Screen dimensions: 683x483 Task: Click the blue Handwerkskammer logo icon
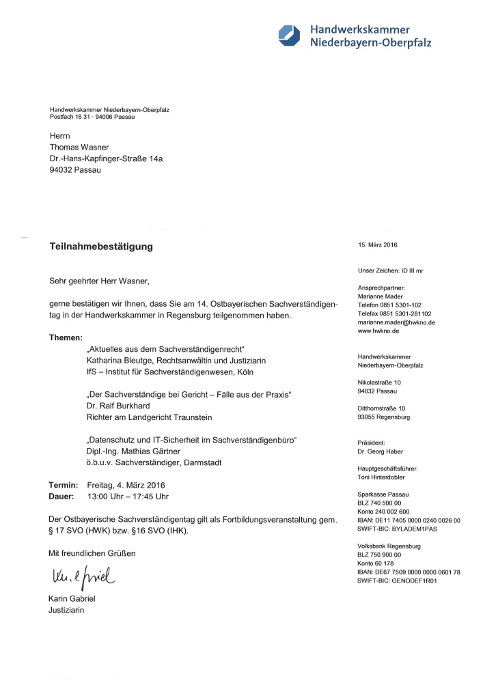(288, 35)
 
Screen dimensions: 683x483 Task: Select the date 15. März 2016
(377, 245)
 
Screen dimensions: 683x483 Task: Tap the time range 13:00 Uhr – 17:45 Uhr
(128, 496)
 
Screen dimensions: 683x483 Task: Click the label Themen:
(66, 337)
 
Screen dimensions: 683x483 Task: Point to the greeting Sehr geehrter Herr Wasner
(98, 281)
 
